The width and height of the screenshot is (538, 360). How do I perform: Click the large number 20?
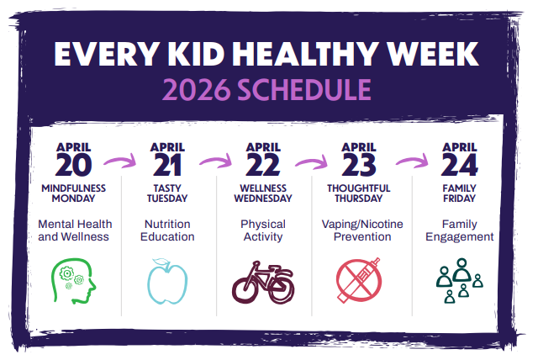coord(74,163)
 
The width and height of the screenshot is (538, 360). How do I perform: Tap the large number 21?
coord(168,163)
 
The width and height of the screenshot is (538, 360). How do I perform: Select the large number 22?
coord(263,163)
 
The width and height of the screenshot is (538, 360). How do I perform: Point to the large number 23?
coord(358,163)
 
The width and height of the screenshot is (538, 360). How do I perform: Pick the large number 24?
coord(459,163)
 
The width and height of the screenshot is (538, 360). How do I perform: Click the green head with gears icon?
coord(74,281)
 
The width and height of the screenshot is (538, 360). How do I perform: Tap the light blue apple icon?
coord(167,282)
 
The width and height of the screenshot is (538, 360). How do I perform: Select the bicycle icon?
coord(263,283)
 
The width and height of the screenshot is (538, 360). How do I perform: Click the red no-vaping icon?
coord(358,282)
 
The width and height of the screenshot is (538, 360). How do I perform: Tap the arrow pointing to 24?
coord(412,157)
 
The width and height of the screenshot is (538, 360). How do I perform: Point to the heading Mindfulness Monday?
coord(74,193)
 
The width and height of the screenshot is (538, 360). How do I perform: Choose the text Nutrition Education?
coord(168,230)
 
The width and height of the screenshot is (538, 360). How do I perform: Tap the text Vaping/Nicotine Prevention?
coord(358,230)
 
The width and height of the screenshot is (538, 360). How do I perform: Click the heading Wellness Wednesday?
coord(263,193)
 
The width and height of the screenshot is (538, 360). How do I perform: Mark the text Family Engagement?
coord(459,230)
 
